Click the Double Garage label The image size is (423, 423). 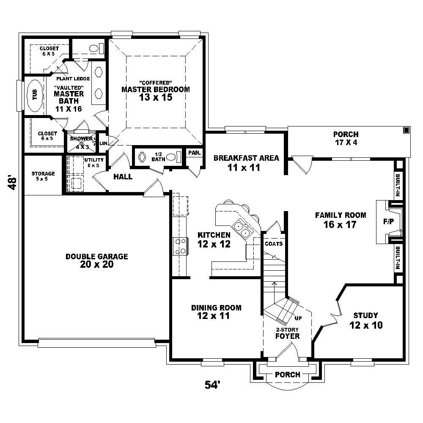pyautogui.click(x=96, y=260)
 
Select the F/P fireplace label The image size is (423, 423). pyautogui.click(x=387, y=221)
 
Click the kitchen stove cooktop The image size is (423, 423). pyautogui.click(x=179, y=246)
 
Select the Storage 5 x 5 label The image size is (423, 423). pyautogui.click(x=43, y=176)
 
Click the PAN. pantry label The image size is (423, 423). pyautogui.click(x=194, y=153)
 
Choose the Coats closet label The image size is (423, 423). pyautogui.click(x=273, y=244)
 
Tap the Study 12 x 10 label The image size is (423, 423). pyautogui.click(x=366, y=320)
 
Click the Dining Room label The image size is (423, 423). pyautogui.click(x=216, y=311)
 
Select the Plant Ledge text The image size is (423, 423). pyautogui.click(x=76, y=79)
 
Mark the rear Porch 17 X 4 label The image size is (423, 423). pyautogui.click(x=345, y=138)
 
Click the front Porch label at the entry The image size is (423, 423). pyautogui.click(x=287, y=374)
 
